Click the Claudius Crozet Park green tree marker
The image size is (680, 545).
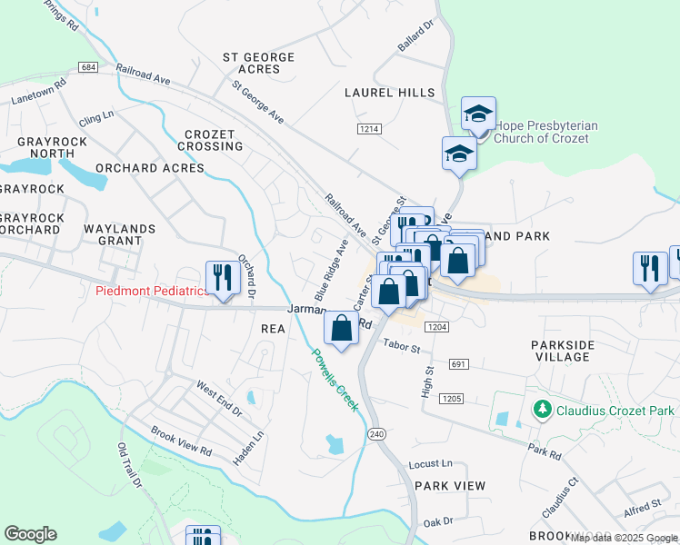click(543, 410)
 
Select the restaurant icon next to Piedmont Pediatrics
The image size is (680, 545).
click(219, 276)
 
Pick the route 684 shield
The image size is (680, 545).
click(88, 68)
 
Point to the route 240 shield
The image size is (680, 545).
click(376, 435)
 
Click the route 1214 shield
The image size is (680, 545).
click(368, 130)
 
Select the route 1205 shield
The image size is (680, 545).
click(450, 399)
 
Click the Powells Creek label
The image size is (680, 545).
click(335, 380)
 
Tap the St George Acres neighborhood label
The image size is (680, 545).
click(259, 63)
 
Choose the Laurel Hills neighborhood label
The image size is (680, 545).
click(388, 93)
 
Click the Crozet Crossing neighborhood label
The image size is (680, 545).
click(210, 140)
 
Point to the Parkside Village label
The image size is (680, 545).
click(563, 351)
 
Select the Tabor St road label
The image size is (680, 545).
click(401, 346)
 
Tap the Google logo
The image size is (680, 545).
click(31, 534)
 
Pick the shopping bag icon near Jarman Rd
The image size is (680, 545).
click(341, 330)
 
